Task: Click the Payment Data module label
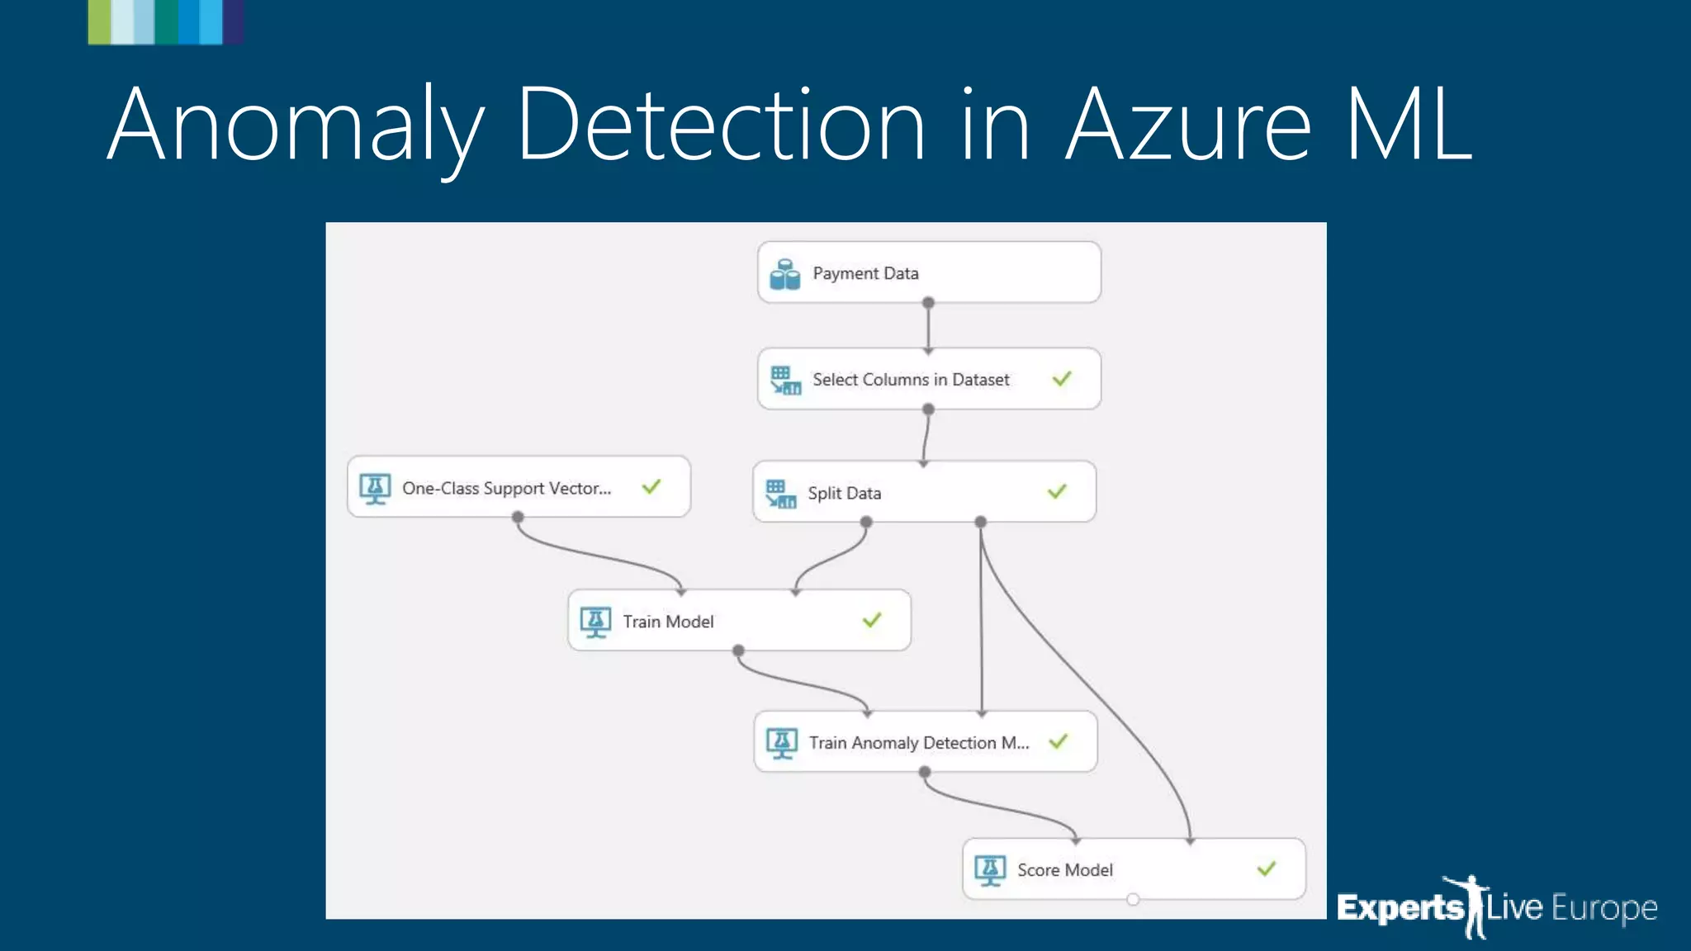click(864, 273)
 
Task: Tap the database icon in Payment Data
click(784, 274)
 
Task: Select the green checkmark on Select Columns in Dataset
click(1062, 379)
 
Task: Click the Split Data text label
click(844, 493)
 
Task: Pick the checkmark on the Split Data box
click(1057, 492)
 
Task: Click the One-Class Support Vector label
click(506, 488)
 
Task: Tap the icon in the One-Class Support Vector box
click(375, 488)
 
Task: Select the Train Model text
click(667, 622)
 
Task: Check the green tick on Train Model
click(872, 620)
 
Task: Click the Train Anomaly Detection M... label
click(918, 743)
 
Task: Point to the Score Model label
click(1064, 870)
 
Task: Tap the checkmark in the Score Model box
click(1267, 868)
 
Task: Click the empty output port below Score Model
click(1133, 899)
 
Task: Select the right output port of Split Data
click(980, 522)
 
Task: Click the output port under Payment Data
click(928, 303)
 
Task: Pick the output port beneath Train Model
click(738, 651)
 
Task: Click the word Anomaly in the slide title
click(295, 125)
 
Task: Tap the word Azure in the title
click(1187, 125)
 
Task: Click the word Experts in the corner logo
click(1400, 908)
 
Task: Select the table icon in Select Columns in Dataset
click(785, 380)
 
